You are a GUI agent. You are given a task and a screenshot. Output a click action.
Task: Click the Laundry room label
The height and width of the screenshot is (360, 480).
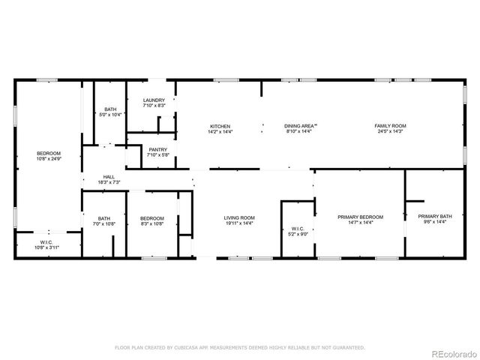154,100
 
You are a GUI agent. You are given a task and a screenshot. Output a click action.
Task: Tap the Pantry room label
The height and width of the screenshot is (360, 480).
157,149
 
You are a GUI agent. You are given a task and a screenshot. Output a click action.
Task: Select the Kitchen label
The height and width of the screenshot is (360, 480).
220,126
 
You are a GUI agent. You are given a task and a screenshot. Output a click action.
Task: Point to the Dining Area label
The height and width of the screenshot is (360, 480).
301,126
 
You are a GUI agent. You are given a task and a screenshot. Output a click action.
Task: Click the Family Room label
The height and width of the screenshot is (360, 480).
391,126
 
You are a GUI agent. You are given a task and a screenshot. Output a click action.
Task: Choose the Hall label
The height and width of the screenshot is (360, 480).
108,177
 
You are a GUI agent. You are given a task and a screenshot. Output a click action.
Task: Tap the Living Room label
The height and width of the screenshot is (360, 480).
239,217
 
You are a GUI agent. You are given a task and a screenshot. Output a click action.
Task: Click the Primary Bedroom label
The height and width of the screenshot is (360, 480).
360,217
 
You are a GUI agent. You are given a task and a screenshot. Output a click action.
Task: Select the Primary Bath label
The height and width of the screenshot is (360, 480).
435,217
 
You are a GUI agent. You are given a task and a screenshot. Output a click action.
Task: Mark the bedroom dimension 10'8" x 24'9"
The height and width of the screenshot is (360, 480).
49,159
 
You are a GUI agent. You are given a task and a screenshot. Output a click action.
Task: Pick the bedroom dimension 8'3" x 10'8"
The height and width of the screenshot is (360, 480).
151,223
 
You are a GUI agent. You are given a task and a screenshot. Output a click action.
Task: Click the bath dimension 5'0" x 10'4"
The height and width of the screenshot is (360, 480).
110,115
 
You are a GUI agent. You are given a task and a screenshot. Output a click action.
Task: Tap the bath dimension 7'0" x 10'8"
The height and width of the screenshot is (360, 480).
103,223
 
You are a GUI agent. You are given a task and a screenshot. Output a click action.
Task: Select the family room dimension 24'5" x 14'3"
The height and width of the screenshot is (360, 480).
391,131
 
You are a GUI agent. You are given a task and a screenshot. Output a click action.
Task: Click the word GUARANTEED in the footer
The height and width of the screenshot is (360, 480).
349,347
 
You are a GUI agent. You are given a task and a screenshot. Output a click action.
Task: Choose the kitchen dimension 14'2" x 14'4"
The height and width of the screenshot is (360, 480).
220,131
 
